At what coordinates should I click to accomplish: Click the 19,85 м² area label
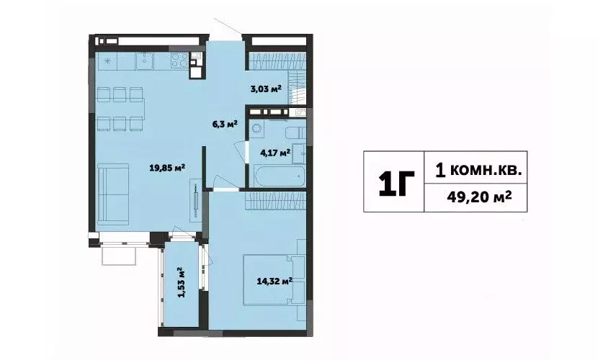pos(166,168)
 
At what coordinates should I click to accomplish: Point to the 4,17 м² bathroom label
pos(275,152)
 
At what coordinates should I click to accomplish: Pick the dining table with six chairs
pos(120,107)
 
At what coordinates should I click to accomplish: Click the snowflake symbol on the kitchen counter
pos(107,60)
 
